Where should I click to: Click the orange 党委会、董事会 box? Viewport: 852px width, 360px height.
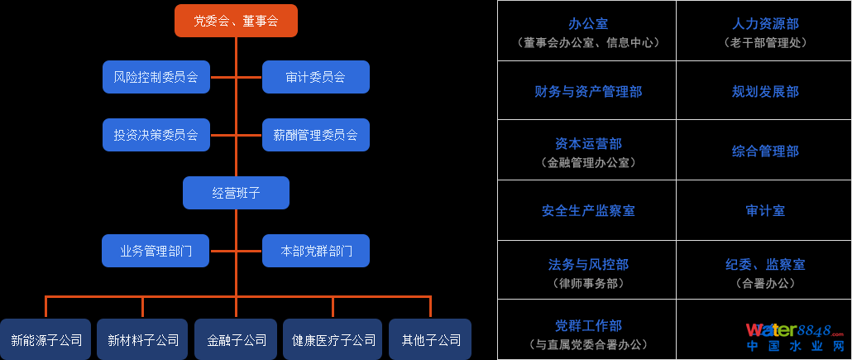coord(236,21)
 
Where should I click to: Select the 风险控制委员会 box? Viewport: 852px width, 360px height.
coord(156,77)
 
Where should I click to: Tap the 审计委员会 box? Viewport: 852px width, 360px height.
coord(315,77)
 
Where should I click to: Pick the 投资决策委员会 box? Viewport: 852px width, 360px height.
coord(156,135)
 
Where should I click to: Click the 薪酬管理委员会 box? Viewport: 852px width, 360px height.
coord(315,135)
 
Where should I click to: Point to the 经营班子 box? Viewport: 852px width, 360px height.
coord(236,193)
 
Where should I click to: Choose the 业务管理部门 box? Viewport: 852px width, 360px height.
coord(156,251)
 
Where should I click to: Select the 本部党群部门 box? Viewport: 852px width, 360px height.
coord(315,251)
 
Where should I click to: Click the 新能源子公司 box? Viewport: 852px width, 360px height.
coord(46,339)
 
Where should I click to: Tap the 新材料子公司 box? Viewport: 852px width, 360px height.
coord(143,339)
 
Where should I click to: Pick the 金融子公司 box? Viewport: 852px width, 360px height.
coord(237,339)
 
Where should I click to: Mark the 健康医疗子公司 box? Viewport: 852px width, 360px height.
coord(333,339)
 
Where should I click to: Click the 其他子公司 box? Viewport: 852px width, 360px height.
coord(430,339)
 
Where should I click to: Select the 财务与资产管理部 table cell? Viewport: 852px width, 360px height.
coord(587,91)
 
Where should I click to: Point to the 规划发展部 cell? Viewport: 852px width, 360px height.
coord(765,91)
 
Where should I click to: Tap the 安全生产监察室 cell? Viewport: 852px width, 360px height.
coord(587,211)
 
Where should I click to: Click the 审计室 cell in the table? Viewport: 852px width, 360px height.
coord(765,211)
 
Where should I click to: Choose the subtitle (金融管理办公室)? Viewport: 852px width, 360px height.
coord(587,163)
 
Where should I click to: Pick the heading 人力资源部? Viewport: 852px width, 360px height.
coord(765,24)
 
